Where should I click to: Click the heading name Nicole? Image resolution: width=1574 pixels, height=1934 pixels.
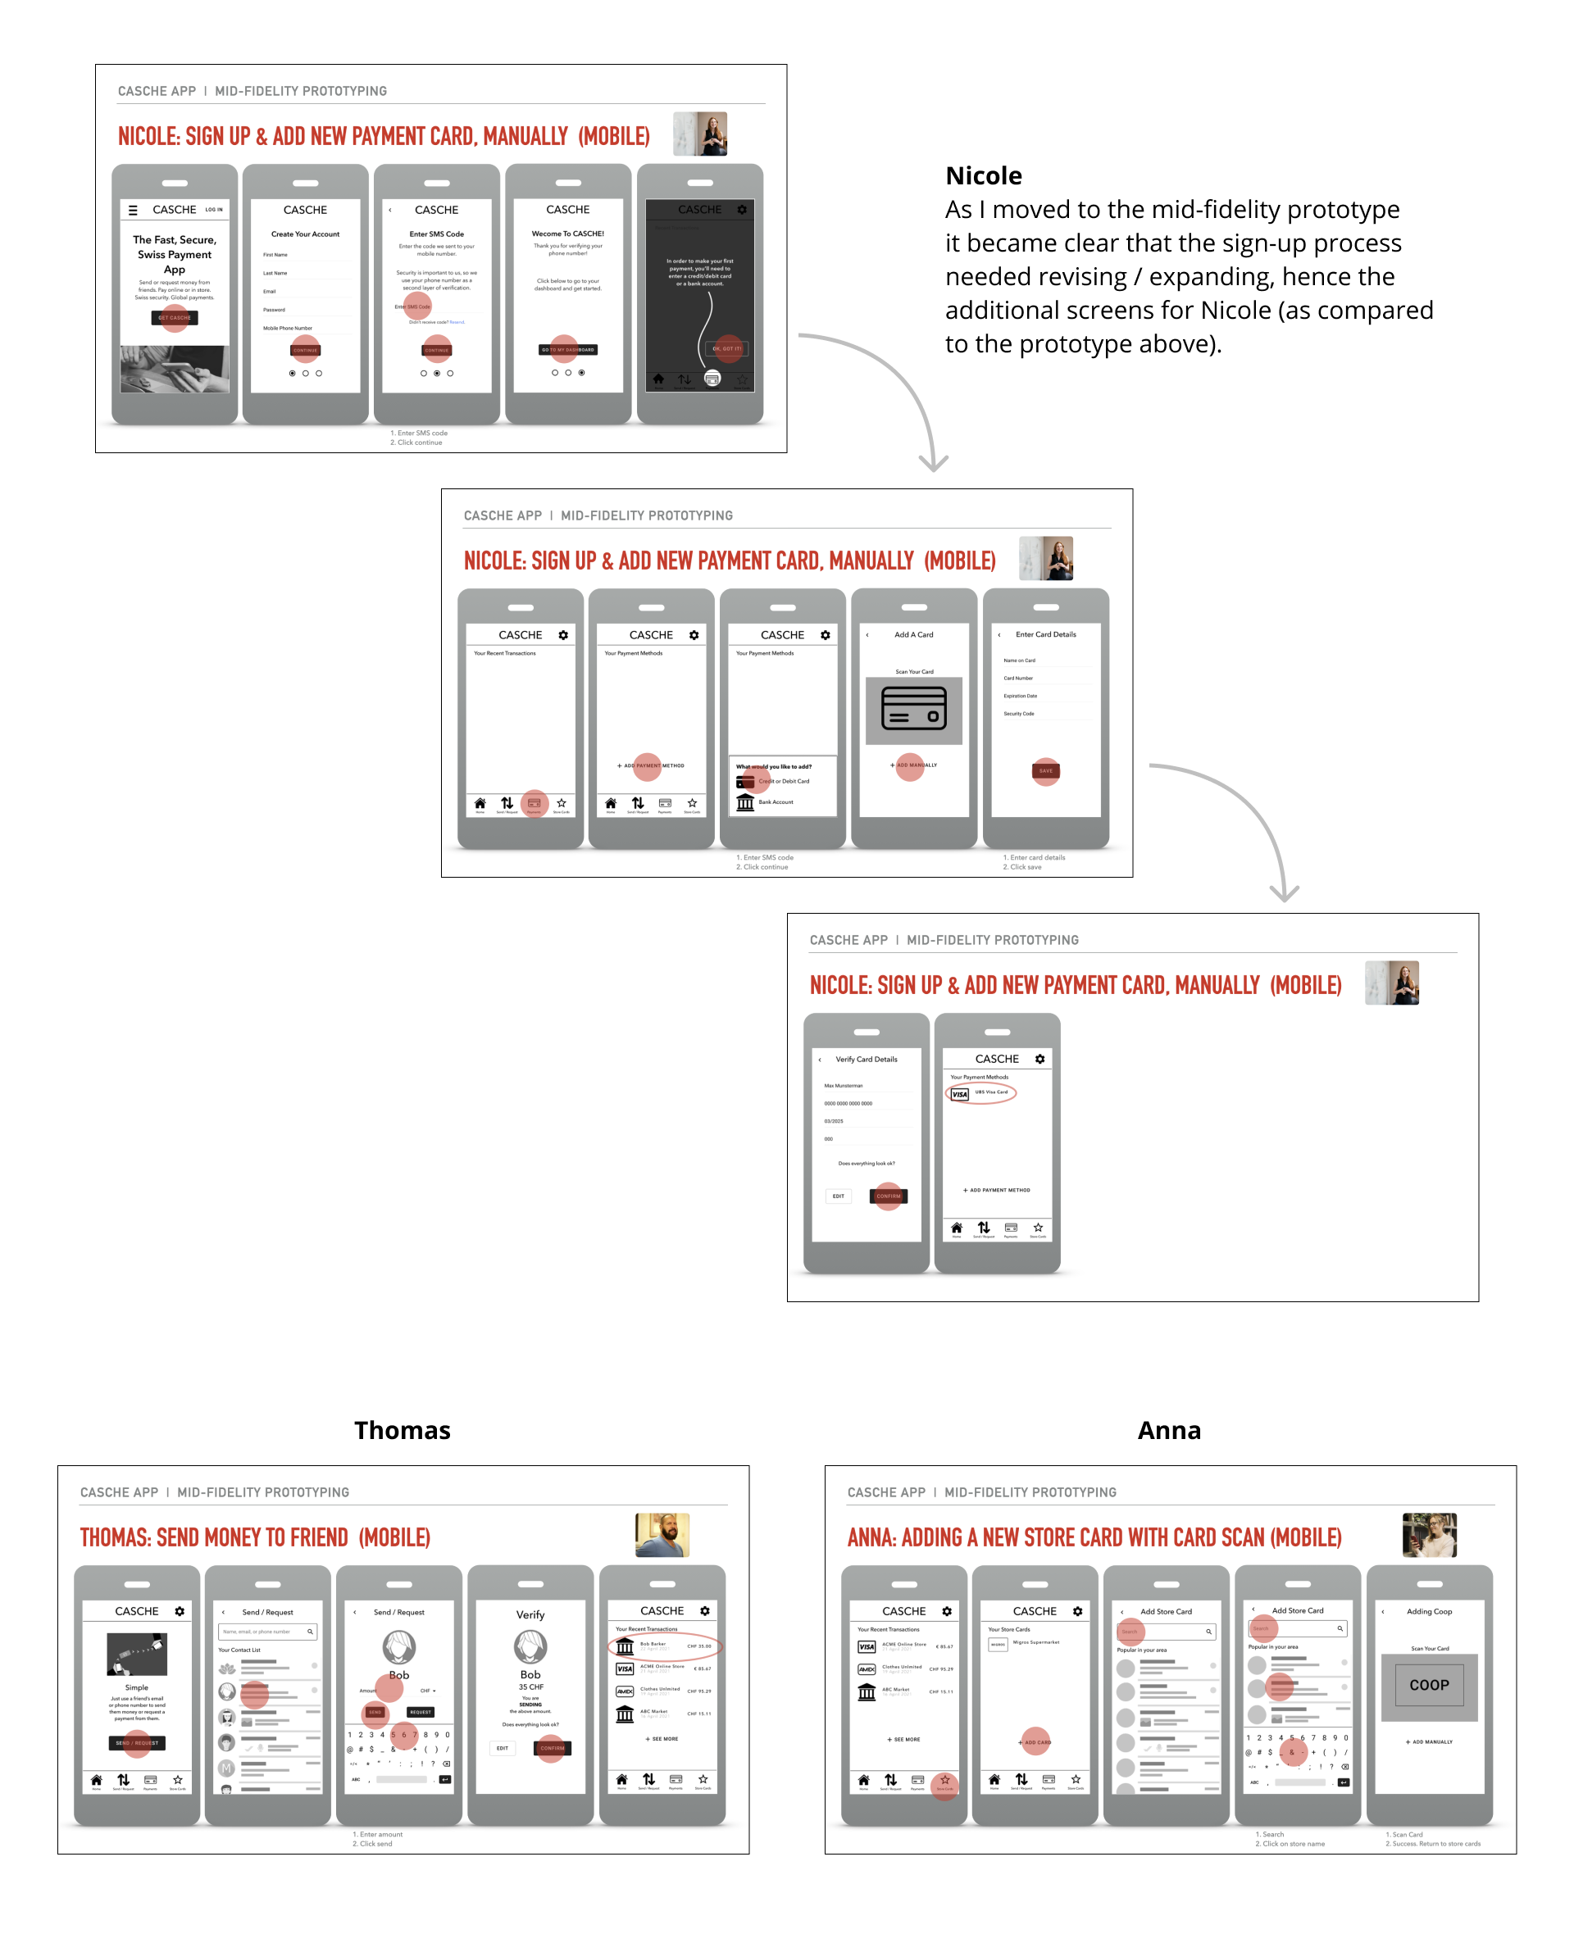(x=983, y=176)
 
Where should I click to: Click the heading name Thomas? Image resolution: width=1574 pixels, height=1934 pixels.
(x=402, y=1430)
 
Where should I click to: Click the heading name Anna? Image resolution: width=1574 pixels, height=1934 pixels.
(x=1169, y=1430)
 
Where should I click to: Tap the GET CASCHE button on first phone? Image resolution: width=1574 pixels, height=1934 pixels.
(x=174, y=318)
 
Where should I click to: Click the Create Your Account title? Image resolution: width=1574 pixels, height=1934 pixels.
(x=305, y=234)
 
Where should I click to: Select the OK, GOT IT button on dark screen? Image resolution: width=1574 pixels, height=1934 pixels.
(x=727, y=348)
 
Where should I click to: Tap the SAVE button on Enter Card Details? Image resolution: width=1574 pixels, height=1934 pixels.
(x=1045, y=770)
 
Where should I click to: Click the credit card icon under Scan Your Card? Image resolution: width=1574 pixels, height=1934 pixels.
(x=913, y=708)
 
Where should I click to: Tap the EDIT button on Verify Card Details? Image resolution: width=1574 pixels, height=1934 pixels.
(x=838, y=1196)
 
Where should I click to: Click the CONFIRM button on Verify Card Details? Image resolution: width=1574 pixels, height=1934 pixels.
(x=889, y=1196)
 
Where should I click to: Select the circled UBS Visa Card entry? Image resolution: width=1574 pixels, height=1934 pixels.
(x=981, y=1093)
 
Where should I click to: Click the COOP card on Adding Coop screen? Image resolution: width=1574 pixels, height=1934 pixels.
(x=1429, y=1685)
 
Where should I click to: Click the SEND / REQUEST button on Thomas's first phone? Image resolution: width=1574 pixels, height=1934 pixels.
(x=137, y=1743)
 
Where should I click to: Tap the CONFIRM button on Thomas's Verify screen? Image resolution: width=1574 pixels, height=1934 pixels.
(x=553, y=1748)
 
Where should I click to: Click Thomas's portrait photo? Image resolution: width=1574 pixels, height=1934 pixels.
(x=662, y=1534)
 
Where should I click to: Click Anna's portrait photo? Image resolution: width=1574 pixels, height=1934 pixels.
(x=1429, y=1534)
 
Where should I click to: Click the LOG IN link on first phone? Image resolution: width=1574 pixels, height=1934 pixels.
(x=214, y=209)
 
